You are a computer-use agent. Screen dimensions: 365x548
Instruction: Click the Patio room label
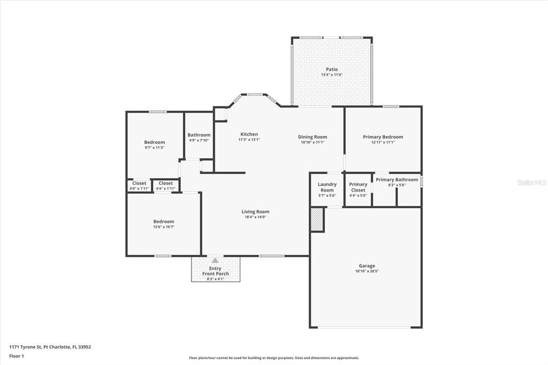tap(332, 70)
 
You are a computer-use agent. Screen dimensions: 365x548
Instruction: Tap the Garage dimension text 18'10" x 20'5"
tap(367, 272)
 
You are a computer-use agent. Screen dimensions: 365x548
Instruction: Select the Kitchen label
tap(249, 134)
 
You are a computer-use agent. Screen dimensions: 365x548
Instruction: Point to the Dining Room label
tap(313, 137)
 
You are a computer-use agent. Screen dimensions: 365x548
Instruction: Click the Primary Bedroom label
tap(383, 137)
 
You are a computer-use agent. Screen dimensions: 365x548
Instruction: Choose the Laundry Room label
tap(327, 187)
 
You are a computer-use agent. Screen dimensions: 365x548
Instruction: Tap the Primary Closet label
tap(358, 187)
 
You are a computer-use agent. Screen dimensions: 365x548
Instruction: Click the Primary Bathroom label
tap(397, 180)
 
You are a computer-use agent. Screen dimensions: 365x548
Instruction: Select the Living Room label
tap(255, 211)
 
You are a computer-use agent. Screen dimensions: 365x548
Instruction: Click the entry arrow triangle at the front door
tap(215, 260)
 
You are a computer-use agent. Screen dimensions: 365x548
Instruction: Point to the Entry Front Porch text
tap(215, 271)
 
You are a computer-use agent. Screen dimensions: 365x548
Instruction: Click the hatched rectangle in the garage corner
tap(317, 220)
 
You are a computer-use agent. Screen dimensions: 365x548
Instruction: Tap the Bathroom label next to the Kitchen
tap(199, 135)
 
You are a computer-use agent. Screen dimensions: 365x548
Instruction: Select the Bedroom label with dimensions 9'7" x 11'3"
tap(155, 142)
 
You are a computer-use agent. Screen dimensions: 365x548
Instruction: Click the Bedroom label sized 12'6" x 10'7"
tap(164, 222)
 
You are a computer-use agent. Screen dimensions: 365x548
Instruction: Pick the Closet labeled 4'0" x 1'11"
tap(139, 183)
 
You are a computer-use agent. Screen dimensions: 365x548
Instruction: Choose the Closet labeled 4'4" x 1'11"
tap(166, 183)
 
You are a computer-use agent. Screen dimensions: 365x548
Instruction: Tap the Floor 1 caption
tap(17, 356)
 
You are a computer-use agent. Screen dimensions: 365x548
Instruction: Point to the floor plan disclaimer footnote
tap(273, 358)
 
